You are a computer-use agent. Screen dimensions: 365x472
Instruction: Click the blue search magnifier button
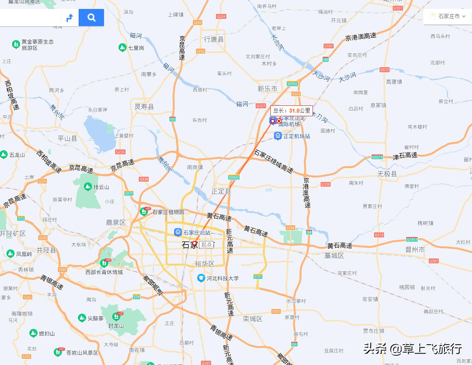click(x=91, y=18)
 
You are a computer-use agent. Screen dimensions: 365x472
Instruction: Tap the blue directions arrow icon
click(x=70, y=18)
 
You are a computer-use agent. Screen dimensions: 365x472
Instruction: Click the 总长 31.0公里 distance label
click(x=291, y=111)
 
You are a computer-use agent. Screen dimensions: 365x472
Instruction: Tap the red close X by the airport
click(x=279, y=121)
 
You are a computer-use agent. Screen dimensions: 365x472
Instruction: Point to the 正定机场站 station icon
click(x=277, y=136)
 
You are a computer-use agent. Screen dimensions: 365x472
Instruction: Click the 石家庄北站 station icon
click(x=178, y=233)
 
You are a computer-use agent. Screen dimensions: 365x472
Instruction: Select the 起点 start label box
click(x=207, y=245)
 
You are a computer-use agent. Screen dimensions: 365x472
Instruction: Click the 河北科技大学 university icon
click(x=201, y=278)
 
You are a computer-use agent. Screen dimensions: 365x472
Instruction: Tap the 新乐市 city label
click(x=267, y=89)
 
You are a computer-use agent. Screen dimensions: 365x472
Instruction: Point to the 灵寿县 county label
click(x=144, y=107)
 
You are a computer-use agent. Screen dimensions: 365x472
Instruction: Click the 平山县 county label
click(x=67, y=138)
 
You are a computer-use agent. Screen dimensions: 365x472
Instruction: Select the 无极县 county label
click(x=387, y=174)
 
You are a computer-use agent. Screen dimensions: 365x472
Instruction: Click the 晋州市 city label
click(x=415, y=250)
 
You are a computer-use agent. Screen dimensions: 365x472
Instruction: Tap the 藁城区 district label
click(x=334, y=256)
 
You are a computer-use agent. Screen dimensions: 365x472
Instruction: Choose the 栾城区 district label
click(x=252, y=319)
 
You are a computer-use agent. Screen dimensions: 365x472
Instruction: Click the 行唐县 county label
click(x=213, y=39)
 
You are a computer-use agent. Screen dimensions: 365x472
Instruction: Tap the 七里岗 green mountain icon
click(x=122, y=48)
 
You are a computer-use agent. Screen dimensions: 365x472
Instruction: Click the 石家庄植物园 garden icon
click(x=144, y=212)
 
